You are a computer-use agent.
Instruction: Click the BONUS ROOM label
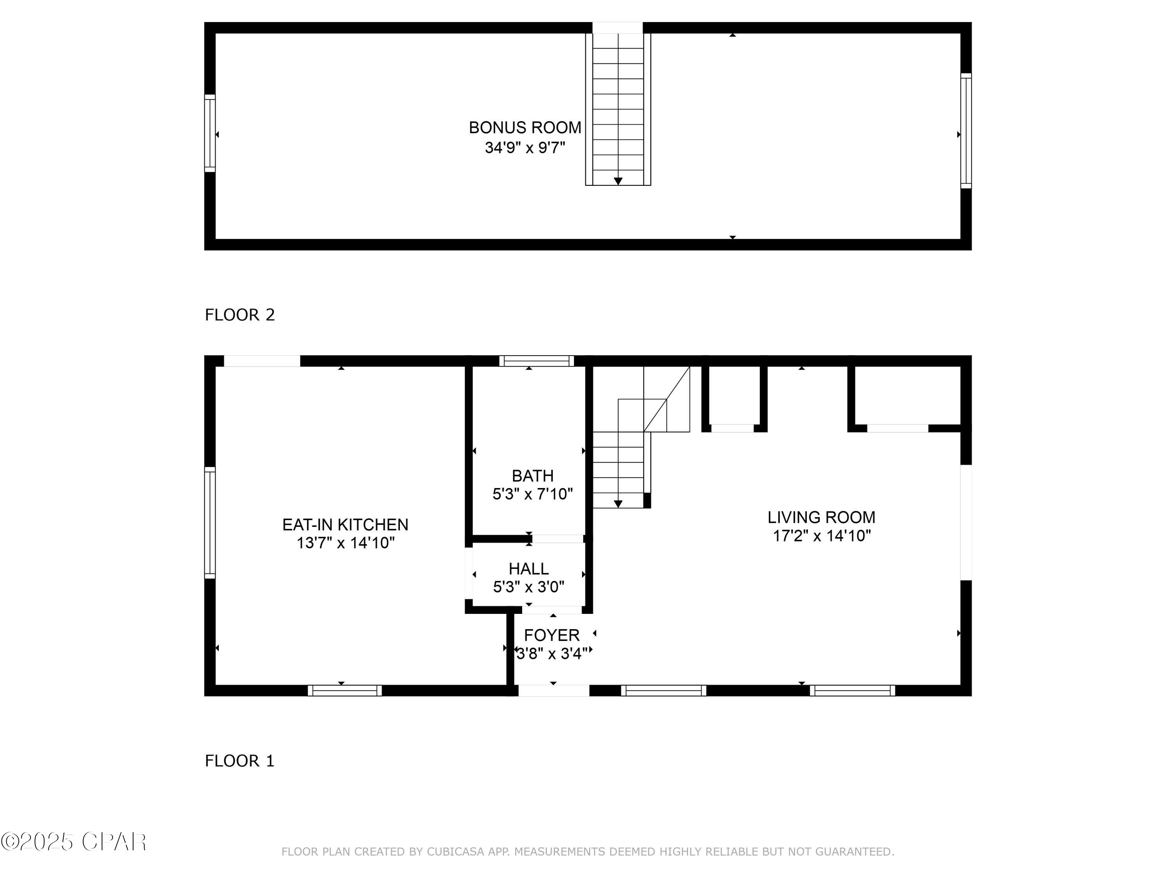[525, 127]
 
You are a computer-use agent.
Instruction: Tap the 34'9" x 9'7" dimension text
[525, 147]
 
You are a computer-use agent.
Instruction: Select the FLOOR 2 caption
[240, 315]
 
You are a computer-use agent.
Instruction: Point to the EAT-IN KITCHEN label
[345, 525]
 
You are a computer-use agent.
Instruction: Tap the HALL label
[528, 569]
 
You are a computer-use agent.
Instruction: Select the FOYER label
[552, 635]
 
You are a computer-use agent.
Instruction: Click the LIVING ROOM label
[821, 517]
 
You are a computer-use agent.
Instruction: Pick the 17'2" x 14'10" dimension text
[821, 535]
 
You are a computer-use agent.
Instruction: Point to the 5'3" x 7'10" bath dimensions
[533, 494]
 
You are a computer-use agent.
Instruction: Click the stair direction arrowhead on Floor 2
[618, 181]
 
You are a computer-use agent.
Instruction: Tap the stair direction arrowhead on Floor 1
[618, 504]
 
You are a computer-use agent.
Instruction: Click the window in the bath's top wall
[536, 361]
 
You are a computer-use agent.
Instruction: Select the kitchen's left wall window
[210, 523]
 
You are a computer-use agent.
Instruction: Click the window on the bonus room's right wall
[966, 131]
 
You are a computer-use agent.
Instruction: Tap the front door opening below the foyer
[554, 691]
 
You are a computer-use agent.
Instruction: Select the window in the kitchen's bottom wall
[345, 691]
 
